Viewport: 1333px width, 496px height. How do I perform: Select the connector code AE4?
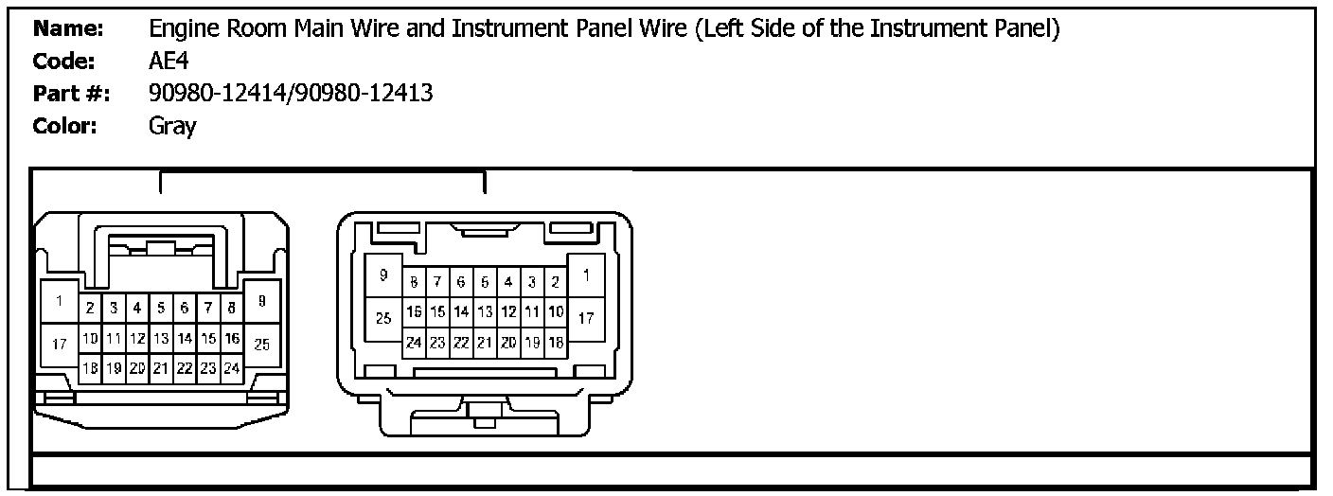(x=168, y=62)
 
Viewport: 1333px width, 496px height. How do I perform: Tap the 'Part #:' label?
(x=71, y=94)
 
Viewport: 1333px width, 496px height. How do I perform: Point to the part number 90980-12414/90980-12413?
(x=291, y=94)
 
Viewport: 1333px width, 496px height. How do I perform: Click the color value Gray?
(x=172, y=126)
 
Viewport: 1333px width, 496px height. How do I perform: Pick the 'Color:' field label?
(x=65, y=126)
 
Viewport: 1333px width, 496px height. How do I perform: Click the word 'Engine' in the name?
(x=182, y=30)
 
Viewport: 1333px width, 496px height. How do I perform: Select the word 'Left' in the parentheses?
(x=725, y=30)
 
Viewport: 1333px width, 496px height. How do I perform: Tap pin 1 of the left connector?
(x=59, y=303)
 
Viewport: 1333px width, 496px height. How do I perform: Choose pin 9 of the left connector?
(x=262, y=301)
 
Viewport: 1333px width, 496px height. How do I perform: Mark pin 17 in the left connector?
(x=59, y=345)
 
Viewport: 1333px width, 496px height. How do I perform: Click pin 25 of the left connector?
(x=262, y=345)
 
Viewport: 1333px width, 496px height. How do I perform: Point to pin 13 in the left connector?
(x=161, y=338)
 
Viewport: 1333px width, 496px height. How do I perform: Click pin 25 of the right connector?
(x=383, y=319)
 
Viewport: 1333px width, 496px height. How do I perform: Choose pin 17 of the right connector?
(x=586, y=319)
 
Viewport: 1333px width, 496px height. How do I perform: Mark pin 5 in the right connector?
(x=485, y=282)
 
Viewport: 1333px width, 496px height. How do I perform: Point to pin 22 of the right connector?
(x=461, y=344)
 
